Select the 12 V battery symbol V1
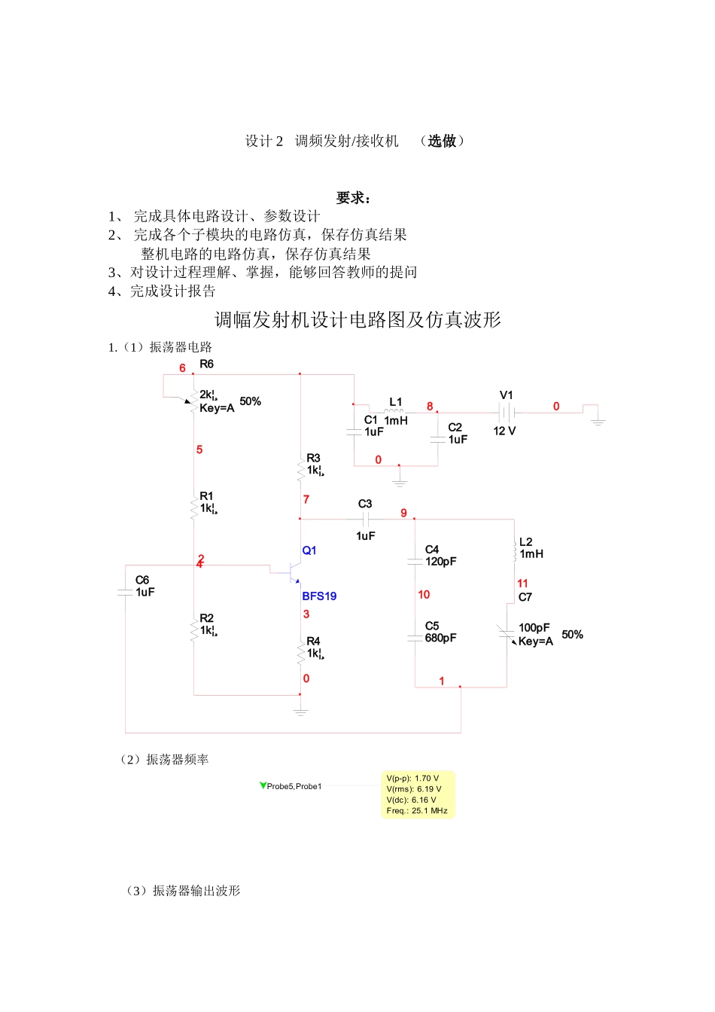(507, 413)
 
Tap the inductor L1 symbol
(394, 411)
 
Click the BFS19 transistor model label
(319, 596)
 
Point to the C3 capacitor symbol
(366, 520)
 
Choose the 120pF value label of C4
(441, 562)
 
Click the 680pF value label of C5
(441, 638)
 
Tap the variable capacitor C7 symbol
(507, 634)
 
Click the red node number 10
(424, 595)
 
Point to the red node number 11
(522, 584)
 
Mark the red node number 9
(403, 514)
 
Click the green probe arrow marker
(263, 785)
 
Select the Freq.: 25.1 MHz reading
(417, 811)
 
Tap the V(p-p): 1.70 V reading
(412, 779)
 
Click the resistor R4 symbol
(301, 652)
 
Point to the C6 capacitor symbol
(125, 593)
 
